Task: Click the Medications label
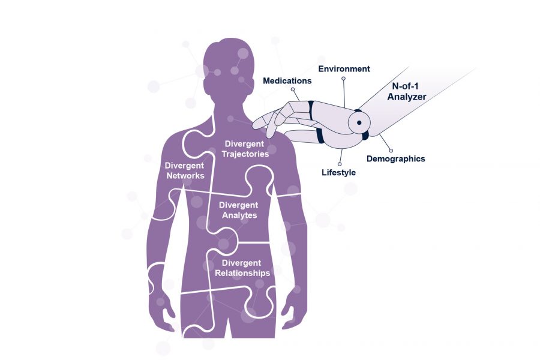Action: (x=287, y=80)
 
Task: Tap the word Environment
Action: (x=344, y=68)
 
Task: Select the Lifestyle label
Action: (x=339, y=172)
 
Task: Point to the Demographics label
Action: (x=395, y=159)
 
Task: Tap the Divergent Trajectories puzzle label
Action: (x=245, y=148)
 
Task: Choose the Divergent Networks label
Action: (x=184, y=170)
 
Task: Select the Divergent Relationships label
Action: (x=242, y=268)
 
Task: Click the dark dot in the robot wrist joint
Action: (x=359, y=122)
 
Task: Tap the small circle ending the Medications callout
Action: (x=293, y=90)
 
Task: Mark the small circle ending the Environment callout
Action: (x=343, y=79)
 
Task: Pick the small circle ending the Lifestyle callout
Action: (x=340, y=163)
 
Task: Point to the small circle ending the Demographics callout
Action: (x=391, y=150)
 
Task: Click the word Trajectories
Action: (x=245, y=153)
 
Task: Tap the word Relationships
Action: (x=242, y=273)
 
